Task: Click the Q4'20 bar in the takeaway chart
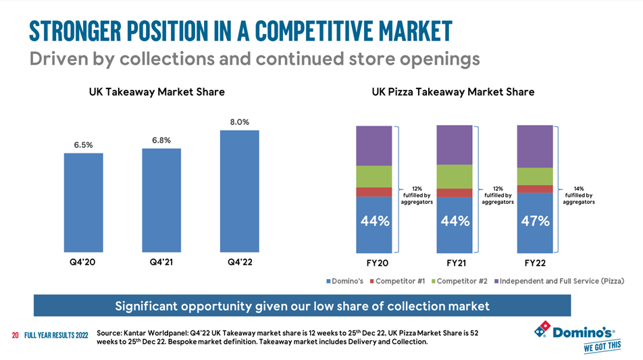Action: [84, 202]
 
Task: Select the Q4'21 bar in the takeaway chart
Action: [161, 200]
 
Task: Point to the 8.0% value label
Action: [240, 122]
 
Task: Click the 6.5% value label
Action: [84, 145]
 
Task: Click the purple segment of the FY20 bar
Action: [374, 145]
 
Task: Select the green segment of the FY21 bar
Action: [454, 176]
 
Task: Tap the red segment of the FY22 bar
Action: [534, 188]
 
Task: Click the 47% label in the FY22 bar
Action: [534, 222]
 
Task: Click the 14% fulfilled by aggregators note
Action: [579, 195]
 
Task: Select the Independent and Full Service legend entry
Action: [561, 280]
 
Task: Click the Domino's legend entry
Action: [346, 280]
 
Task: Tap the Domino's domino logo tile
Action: [542, 331]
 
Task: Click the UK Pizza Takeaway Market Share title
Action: [453, 92]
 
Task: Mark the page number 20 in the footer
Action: [15, 336]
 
